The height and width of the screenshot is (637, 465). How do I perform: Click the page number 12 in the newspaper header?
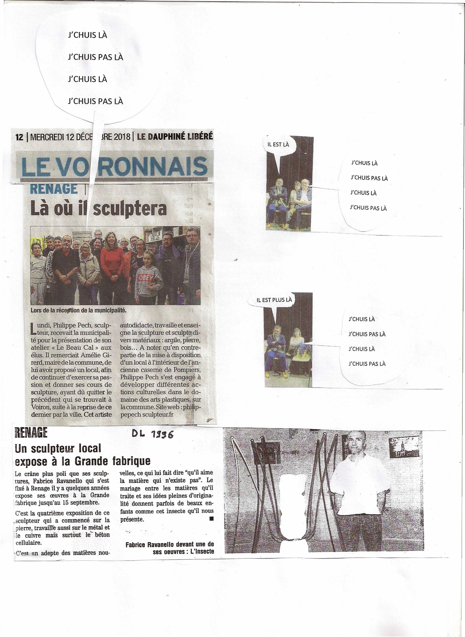[19, 137]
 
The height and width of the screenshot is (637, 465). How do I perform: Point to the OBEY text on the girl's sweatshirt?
[146, 278]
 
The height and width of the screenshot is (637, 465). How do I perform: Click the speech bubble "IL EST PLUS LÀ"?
[274, 300]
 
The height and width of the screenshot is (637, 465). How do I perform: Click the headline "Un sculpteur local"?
[58, 448]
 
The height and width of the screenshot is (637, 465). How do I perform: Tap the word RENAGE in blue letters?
[54, 189]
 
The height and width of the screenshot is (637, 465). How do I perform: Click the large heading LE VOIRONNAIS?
[114, 167]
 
